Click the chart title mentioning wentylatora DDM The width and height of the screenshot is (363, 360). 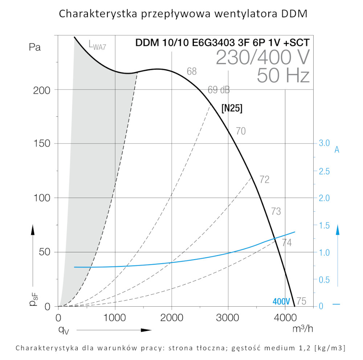[x=183, y=14]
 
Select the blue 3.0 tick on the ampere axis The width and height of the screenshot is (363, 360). [x=324, y=143]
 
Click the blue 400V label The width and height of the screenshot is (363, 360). [x=281, y=301]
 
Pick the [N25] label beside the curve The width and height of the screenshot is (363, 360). [x=232, y=108]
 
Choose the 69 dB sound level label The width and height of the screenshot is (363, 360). [x=219, y=90]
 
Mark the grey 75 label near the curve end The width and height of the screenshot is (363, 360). [x=301, y=301]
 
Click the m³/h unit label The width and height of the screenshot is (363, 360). [x=302, y=328]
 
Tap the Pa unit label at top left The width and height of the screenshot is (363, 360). [x=35, y=47]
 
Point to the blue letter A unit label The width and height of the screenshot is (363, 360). [x=337, y=150]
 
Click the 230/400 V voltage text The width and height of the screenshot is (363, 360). [x=262, y=57]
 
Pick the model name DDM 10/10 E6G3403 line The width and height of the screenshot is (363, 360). [x=222, y=42]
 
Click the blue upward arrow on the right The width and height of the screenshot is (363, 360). [x=338, y=254]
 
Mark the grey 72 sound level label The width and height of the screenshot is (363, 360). [x=264, y=179]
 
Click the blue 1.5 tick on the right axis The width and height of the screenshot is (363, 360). [x=324, y=225]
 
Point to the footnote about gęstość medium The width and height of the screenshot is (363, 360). [x=180, y=348]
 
